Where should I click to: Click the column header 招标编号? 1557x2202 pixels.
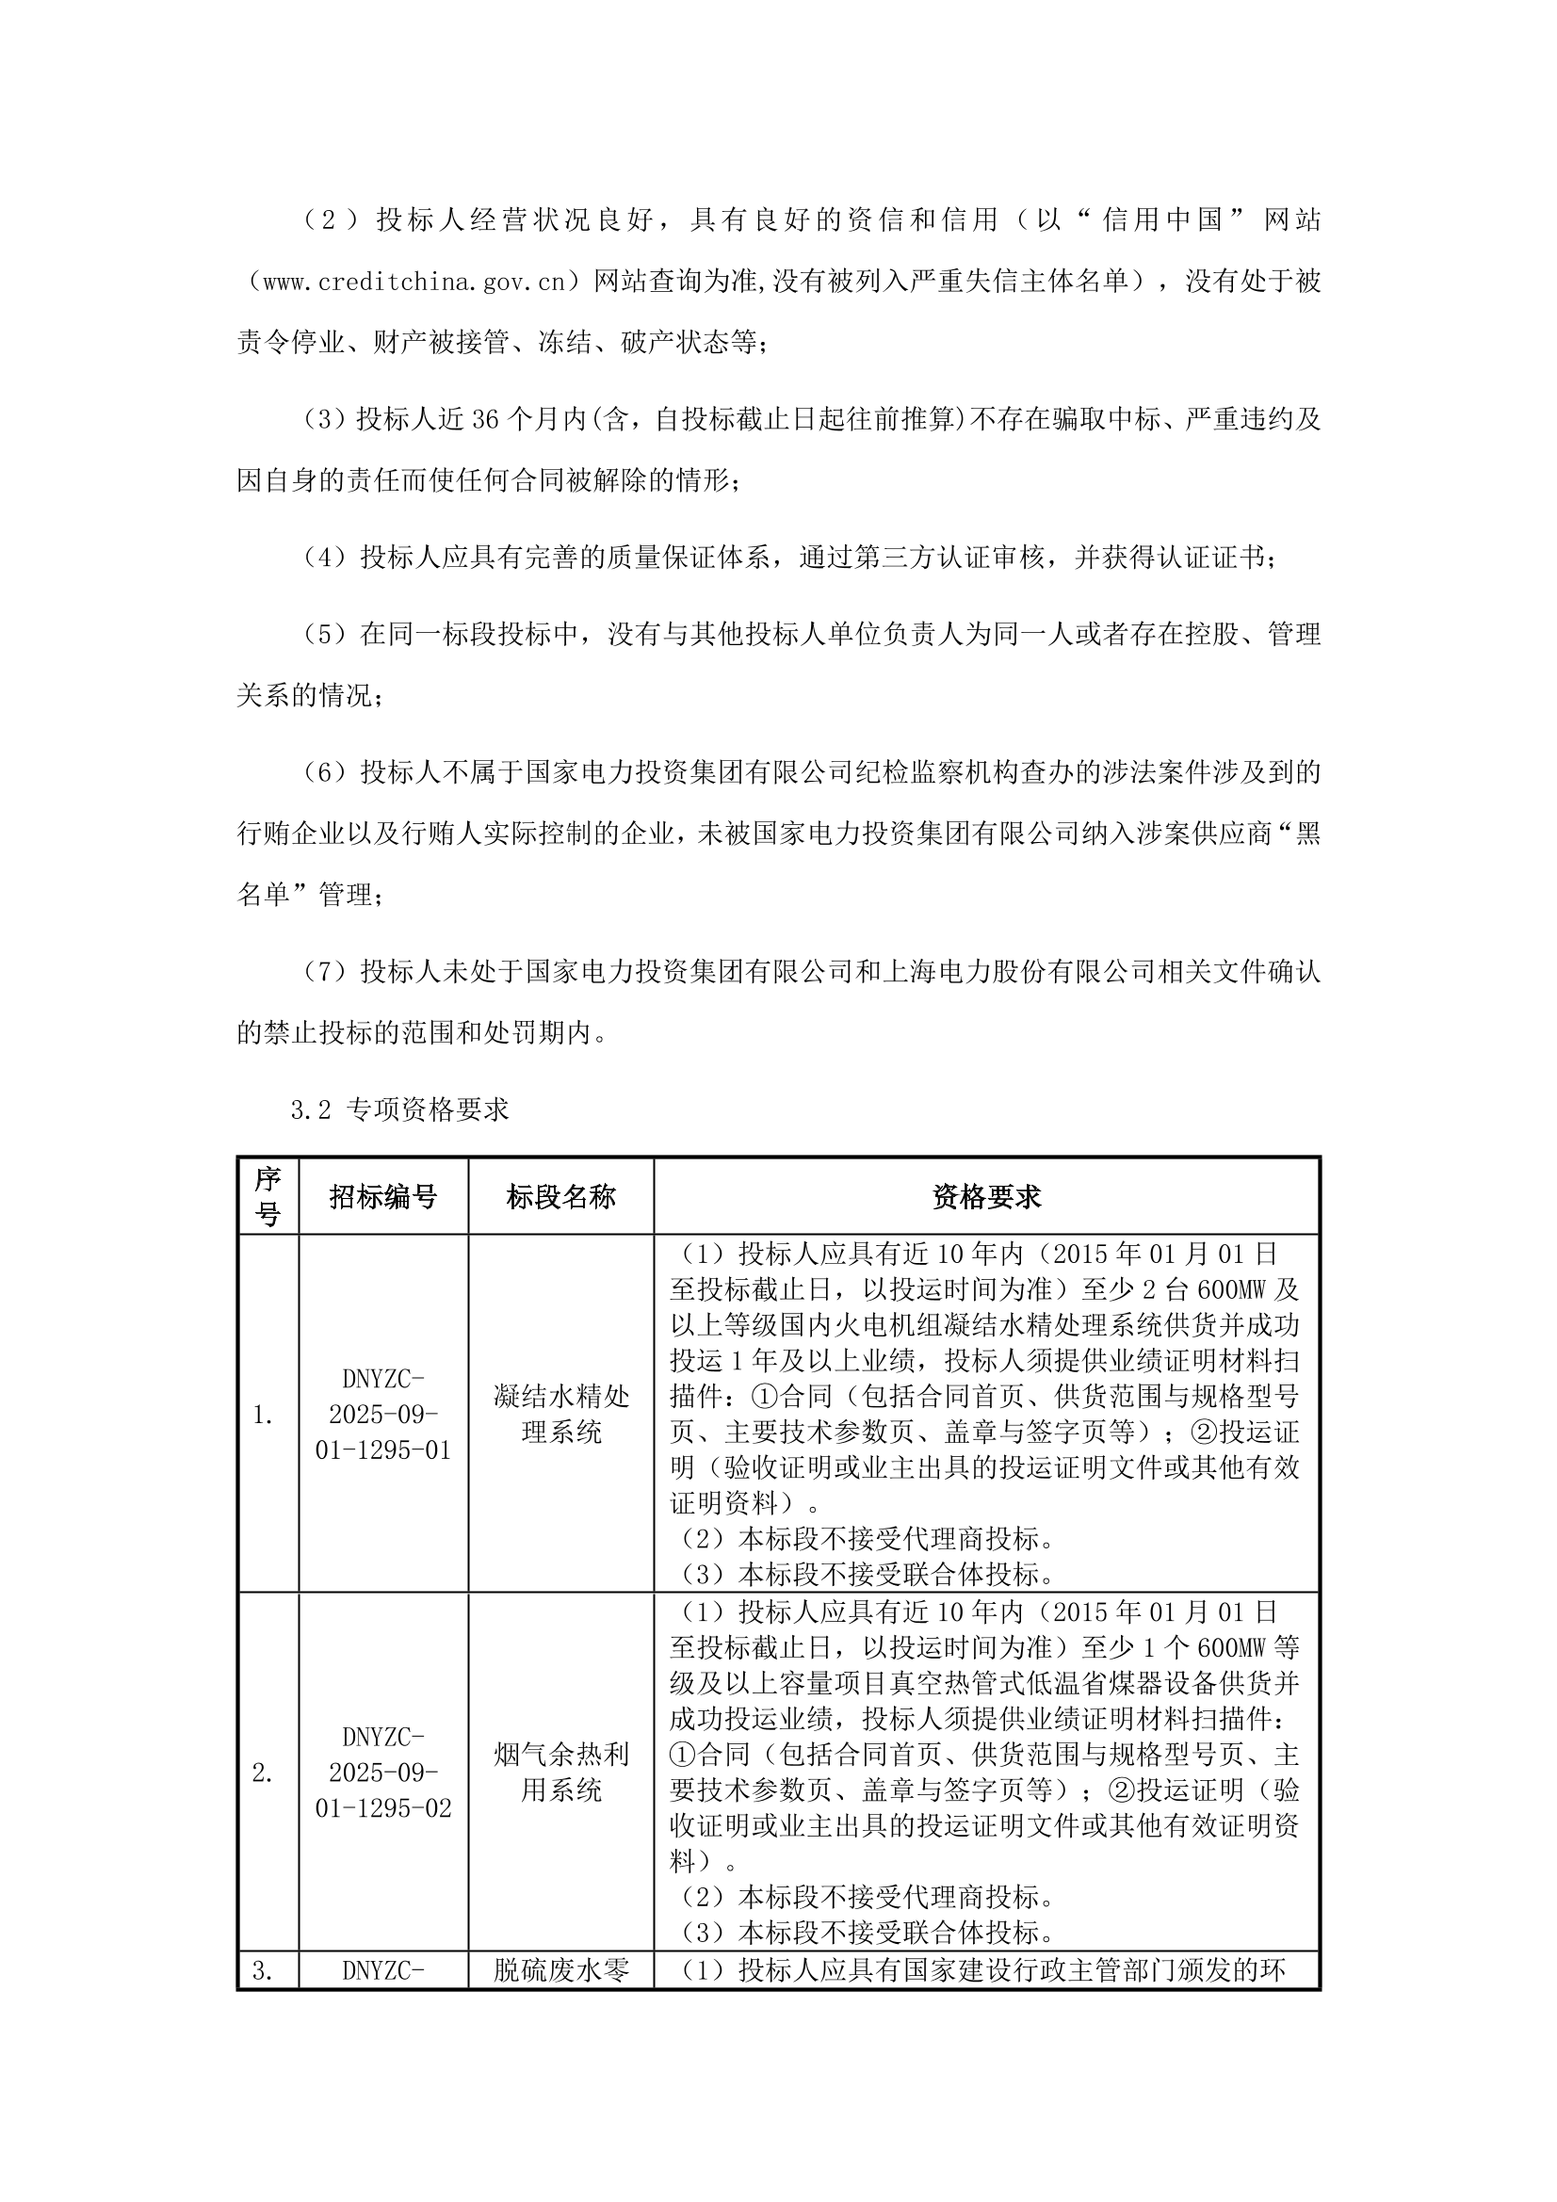[x=382, y=1196]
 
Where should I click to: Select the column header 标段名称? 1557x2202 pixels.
[x=560, y=1196]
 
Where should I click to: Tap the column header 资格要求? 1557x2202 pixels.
[x=986, y=1196]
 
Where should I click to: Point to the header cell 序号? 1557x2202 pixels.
[x=268, y=1196]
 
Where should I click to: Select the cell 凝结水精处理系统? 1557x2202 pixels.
[x=560, y=1415]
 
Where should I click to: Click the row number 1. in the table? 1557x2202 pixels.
[x=263, y=1416]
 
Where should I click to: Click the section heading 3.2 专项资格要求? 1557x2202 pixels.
[x=399, y=1109]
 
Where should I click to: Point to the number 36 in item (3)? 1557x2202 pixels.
[x=486, y=420]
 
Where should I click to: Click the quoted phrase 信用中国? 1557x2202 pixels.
[x=1161, y=220]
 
